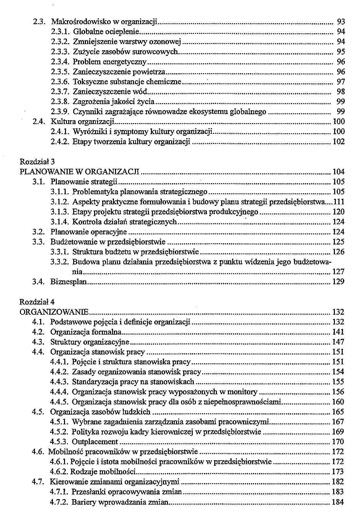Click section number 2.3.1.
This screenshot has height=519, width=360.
(x=61, y=32)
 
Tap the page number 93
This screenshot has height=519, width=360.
(x=341, y=22)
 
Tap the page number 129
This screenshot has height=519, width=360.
(x=338, y=282)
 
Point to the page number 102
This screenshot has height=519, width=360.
(x=338, y=142)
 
